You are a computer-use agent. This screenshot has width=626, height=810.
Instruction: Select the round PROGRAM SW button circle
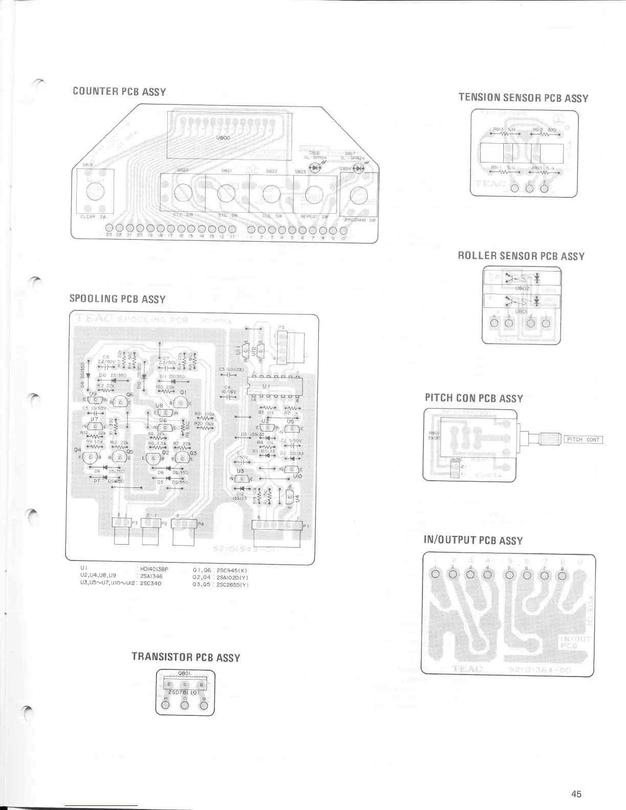click(x=360, y=195)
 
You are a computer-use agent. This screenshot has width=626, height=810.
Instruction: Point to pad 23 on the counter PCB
click(x=109, y=228)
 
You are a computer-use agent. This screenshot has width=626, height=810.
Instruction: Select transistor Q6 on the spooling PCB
click(x=120, y=402)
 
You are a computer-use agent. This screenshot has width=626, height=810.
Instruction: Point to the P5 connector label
click(x=281, y=327)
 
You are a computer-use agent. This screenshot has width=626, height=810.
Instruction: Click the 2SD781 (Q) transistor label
click(x=184, y=693)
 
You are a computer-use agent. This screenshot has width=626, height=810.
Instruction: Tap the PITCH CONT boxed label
click(x=583, y=440)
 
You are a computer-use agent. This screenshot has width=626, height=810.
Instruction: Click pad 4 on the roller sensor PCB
click(x=494, y=323)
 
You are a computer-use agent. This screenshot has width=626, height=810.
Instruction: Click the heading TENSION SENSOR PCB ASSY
click(x=523, y=98)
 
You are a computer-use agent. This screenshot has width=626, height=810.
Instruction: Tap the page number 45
click(x=576, y=794)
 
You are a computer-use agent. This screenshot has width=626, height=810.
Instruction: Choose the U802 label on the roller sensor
click(x=522, y=288)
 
